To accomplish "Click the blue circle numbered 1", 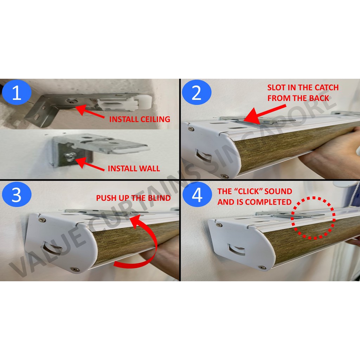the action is [17, 92].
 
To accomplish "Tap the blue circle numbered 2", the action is [197, 92].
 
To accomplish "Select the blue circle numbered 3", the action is [17, 194].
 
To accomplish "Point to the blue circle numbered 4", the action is [197, 194].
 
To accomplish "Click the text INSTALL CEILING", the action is [140, 119].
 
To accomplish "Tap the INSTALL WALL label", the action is [134, 168].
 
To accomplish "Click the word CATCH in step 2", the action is [327, 88].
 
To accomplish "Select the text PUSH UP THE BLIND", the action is [133, 198].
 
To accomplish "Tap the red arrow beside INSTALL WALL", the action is [90, 164].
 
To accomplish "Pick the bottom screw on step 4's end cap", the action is [262, 268].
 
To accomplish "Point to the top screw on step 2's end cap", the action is [191, 129].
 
